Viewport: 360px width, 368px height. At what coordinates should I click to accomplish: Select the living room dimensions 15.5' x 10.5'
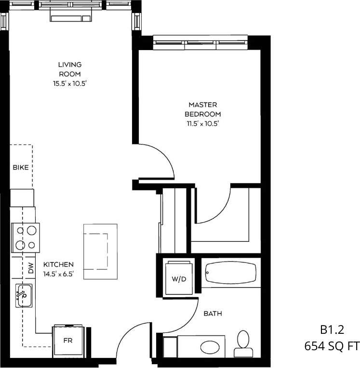pos(70,83)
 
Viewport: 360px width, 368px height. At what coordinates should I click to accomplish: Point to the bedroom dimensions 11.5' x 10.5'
pos(202,124)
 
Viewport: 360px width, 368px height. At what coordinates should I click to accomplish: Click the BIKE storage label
pos(20,168)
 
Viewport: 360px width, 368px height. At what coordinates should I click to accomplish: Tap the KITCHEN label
pos(58,264)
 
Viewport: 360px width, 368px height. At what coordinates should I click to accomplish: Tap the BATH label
pos(213,314)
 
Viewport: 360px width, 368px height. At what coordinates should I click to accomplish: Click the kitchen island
pos(100,247)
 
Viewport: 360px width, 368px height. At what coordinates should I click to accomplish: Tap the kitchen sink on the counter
pos(23,295)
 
